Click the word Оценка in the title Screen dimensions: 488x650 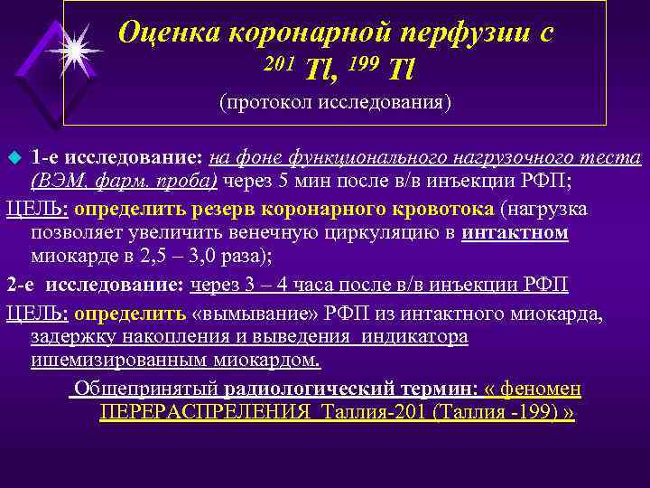pyautogui.click(x=169, y=33)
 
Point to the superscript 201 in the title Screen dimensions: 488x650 pyautogui.click(x=280, y=62)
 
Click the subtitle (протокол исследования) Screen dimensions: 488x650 pyautogui.click(x=335, y=101)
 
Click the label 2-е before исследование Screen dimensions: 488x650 pyautogui.click(x=21, y=285)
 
